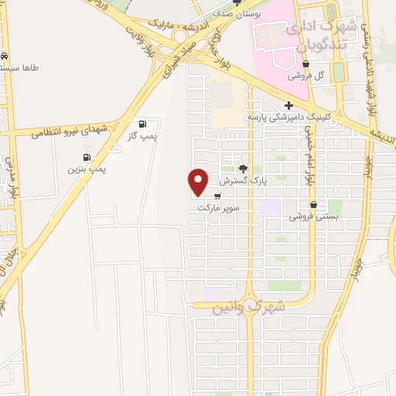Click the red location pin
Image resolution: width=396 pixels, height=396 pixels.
(x=199, y=181)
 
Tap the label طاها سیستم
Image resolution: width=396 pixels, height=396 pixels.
(x=23, y=68)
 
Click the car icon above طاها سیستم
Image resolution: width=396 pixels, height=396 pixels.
(x=5, y=56)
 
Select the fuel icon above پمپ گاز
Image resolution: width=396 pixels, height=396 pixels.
(x=142, y=125)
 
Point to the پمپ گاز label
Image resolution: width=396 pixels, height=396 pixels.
(x=142, y=136)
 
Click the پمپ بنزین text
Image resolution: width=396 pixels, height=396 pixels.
(x=86, y=167)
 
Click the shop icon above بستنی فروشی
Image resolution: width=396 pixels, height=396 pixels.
(x=313, y=204)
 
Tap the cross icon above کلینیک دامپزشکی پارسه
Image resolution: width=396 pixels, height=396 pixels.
(x=288, y=105)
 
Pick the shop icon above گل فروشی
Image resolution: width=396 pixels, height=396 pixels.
(x=307, y=64)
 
